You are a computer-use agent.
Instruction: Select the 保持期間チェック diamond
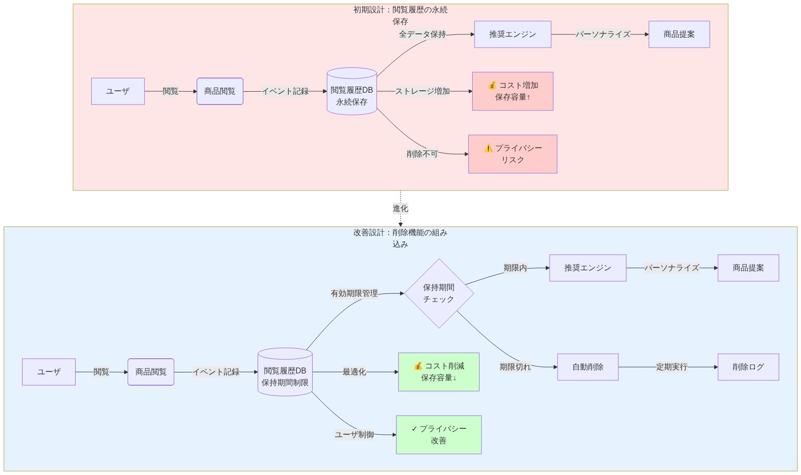point(439,293)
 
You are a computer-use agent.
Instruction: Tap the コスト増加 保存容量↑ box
point(512,91)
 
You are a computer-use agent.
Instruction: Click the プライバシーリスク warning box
point(512,154)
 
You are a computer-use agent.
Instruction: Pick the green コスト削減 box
point(438,372)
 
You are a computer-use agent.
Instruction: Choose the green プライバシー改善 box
point(438,435)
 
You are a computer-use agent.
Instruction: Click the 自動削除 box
point(587,367)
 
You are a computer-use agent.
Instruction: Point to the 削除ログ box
point(748,367)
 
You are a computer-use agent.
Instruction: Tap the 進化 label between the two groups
point(400,209)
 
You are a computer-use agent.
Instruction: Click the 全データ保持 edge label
point(422,34)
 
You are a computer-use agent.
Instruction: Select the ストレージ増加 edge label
point(422,91)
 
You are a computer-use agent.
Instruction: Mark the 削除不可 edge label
point(422,154)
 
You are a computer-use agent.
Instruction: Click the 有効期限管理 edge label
point(354,293)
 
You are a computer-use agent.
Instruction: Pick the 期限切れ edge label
point(515,367)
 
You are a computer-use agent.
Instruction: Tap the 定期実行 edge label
point(671,367)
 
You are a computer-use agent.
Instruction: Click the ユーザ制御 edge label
point(354,435)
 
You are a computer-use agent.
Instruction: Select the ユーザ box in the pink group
point(118,91)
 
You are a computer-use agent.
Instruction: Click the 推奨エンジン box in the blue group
point(587,268)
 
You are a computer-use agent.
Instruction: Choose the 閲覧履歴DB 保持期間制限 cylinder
point(285,372)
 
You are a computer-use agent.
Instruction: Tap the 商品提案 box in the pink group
point(679,34)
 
